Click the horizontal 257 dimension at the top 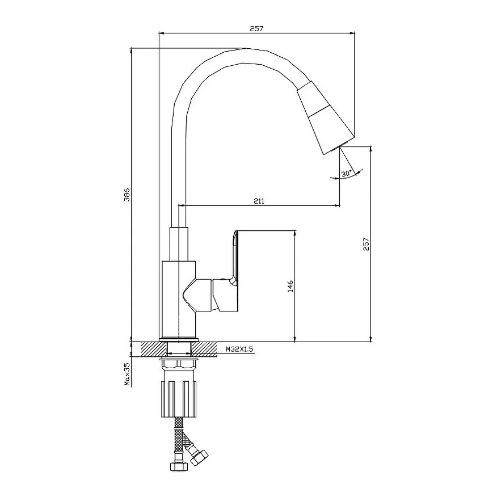click(256, 28)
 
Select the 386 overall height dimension click(127, 195)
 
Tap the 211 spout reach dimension click(259, 201)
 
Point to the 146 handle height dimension click(290, 286)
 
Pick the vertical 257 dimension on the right click(366, 244)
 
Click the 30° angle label click(346, 174)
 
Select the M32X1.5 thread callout click(239, 349)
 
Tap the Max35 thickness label click(127, 374)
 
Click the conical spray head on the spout click(325, 118)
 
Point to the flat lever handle click(235, 257)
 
